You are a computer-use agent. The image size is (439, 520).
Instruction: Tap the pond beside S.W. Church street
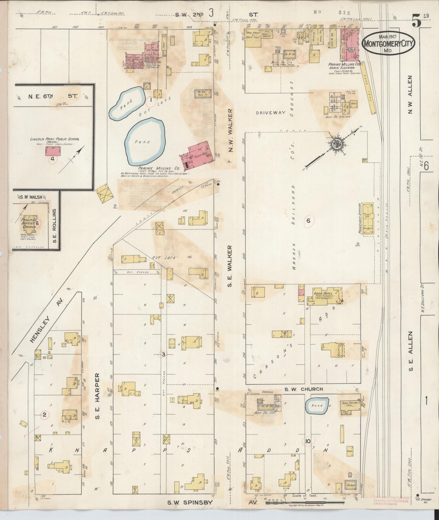coord(316,406)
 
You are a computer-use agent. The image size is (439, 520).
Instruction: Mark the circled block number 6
coord(308,221)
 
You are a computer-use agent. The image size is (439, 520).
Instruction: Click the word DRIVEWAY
coord(271,113)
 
